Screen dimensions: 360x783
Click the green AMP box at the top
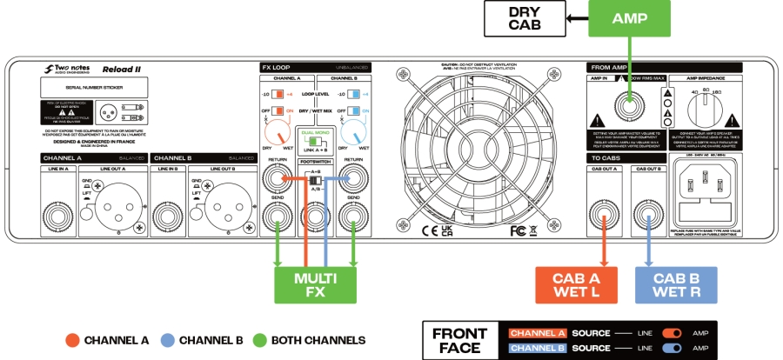pyautogui.click(x=628, y=17)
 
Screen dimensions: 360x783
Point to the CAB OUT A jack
pyautogui.click(x=602, y=212)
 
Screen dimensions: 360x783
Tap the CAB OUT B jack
pyautogui.click(x=646, y=212)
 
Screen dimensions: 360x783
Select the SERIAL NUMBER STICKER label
pyautogui.click(x=91, y=88)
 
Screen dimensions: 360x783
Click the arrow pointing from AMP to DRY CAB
pyautogui.click(x=575, y=17)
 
